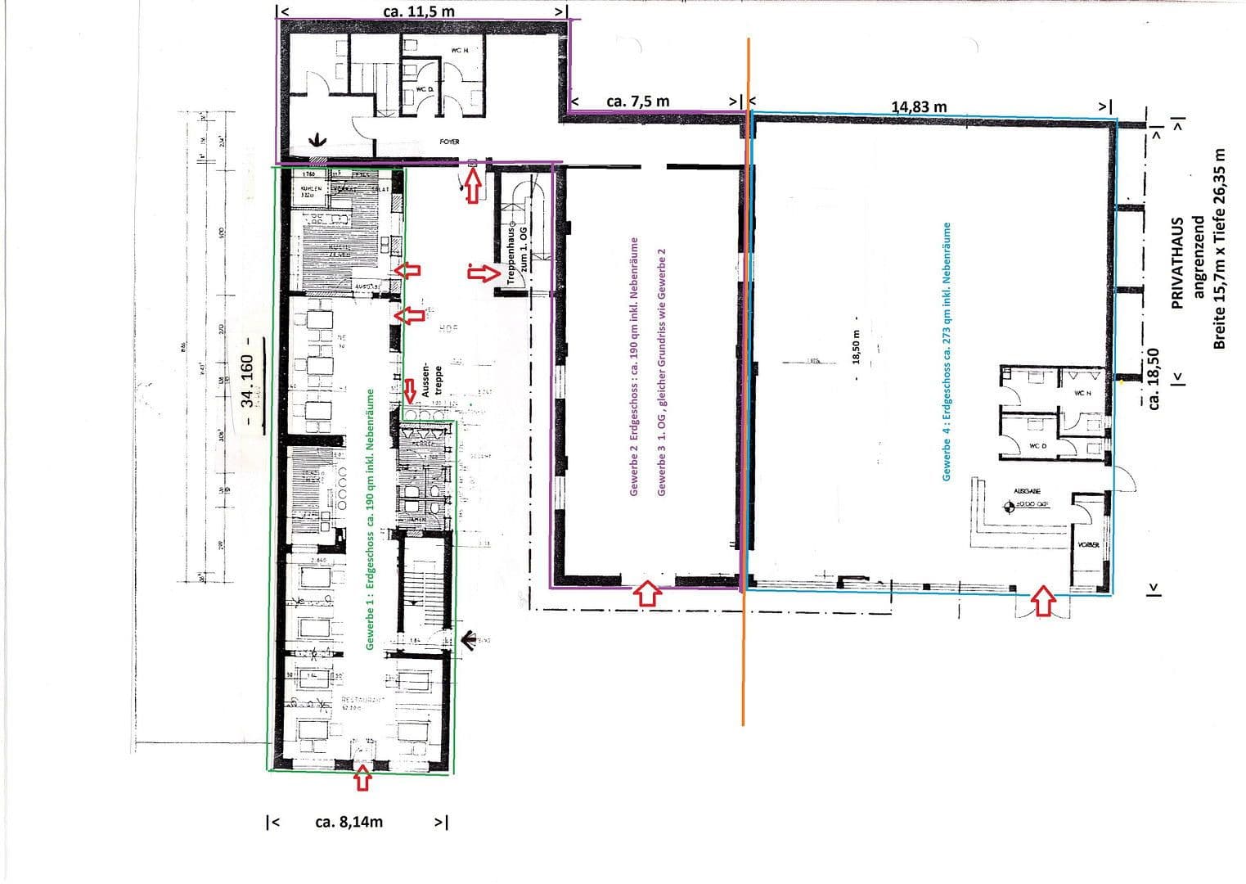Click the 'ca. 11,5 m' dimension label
[x=419, y=11]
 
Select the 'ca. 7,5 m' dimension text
[x=637, y=101]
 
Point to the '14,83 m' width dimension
[x=919, y=106]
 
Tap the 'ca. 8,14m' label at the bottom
[x=349, y=822]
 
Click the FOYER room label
[x=449, y=142]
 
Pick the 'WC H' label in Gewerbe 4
[x=1082, y=393]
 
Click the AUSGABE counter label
[x=1027, y=491]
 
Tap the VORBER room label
[x=1088, y=545]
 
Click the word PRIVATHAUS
[x=1178, y=262]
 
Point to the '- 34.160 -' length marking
[x=248, y=380]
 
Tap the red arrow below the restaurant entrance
[x=362, y=778]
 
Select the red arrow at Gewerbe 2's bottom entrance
[x=647, y=593]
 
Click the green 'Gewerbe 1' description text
[x=370, y=520]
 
